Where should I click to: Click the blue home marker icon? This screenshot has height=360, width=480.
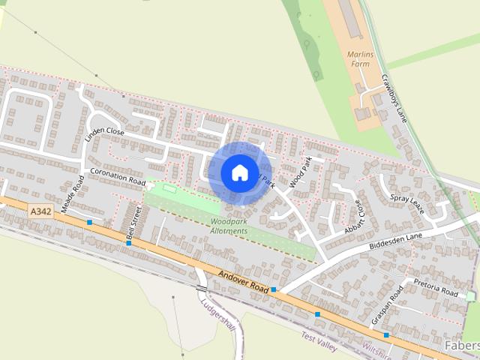coord(239,172)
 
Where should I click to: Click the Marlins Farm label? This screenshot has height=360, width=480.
coord(359,59)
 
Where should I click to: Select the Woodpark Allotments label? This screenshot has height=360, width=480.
coord(229,226)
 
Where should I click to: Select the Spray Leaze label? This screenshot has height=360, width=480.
coord(407,203)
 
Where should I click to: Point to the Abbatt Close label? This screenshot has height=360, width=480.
coord(353,217)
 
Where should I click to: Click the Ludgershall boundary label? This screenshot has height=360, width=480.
coord(217,317)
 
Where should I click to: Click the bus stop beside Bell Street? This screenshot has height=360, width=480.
coord(128,243)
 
